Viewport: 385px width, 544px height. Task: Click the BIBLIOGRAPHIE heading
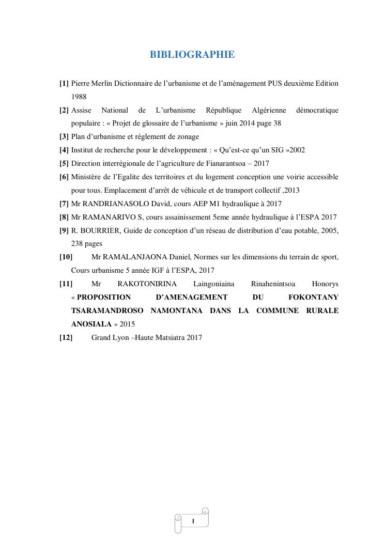(192, 55)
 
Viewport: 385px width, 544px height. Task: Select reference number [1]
(64, 83)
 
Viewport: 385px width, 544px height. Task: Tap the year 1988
(79, 97)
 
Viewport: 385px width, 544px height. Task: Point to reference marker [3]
(64, 137)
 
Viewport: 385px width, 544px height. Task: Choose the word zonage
(187, 137)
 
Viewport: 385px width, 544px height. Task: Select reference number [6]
(64, 177)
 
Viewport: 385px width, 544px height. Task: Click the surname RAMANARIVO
(110, 217)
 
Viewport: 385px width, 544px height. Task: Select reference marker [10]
(66, 257)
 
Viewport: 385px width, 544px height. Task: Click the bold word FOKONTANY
(314, 297)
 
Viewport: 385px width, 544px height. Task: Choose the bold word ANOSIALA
(91, 324)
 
